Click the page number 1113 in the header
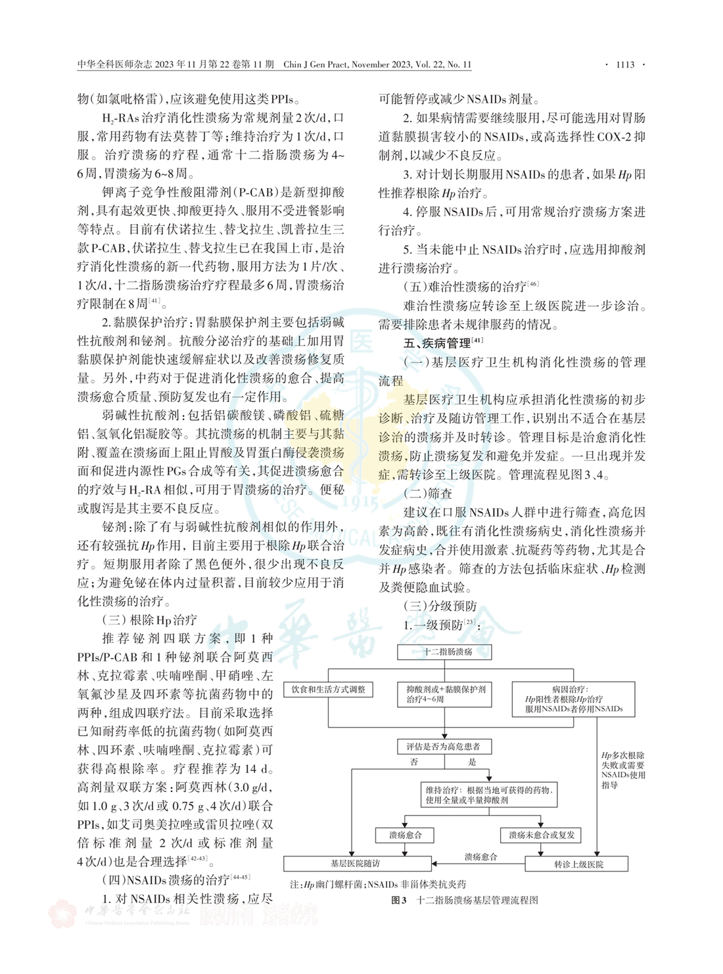(x=624, y=64)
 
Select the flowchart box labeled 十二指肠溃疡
(x=445, y=652)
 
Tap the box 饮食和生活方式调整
(x=329, y=689)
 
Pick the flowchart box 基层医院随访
(x=356, y=864)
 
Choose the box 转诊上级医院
(x=577, y=864)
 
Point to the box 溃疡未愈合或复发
(x=541, y=835)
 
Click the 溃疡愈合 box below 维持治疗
(x=405, y=835)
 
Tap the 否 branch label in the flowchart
(x=414, y=762)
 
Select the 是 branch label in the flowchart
(x=472, y=762)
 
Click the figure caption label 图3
(x=398, y=900)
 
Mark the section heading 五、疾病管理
(x=436, y=343)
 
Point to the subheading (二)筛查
(x=428, y=493)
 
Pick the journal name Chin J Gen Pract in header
(x=314, y=64)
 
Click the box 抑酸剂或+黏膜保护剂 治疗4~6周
(x=445, y=694)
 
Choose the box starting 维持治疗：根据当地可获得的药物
(x=489, y=795)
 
